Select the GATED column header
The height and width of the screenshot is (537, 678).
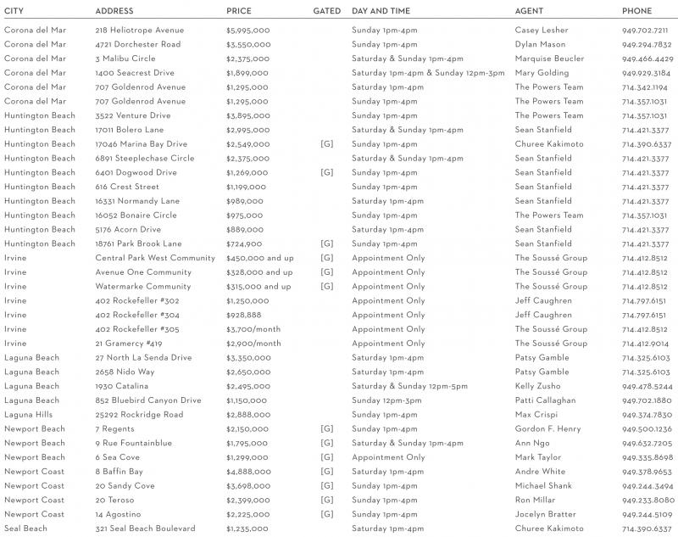pyautogui.click(x=326, y=11)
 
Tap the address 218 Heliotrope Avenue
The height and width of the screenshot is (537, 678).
pyautogui.click(x=139, y=30)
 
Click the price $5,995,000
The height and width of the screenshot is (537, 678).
pyautogui.click(x=248, y=30)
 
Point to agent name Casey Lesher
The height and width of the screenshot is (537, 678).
pyautogui.click(x=542, y=30)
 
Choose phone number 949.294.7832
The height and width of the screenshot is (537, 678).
pyautogui.click(x=647, y=44)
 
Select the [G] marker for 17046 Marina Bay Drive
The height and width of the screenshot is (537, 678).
pyautogui.click(x=326, y=144)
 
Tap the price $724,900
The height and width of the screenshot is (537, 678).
pyautogui.click(x=244, y=243)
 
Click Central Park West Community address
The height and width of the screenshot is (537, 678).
pyautogui.click(x=155, y=258)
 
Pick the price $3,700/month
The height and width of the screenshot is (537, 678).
pyautogui.click(x=253, y=329)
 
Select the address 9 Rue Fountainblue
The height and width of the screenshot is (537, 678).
pyautogui.click(x=133, y=443)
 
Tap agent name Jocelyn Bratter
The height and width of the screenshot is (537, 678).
pyautogui.click(x=545, y=514)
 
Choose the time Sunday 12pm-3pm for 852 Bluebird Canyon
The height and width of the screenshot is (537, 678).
pyautogui.click(x=386, y=400)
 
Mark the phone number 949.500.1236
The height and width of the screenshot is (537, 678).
pyautogui.click(x=647, y=429)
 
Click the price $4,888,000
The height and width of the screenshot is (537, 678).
pyautogui.click(x=248, y=472)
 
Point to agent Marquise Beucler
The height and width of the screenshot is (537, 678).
pyautogui.click(x=549, y=59)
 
